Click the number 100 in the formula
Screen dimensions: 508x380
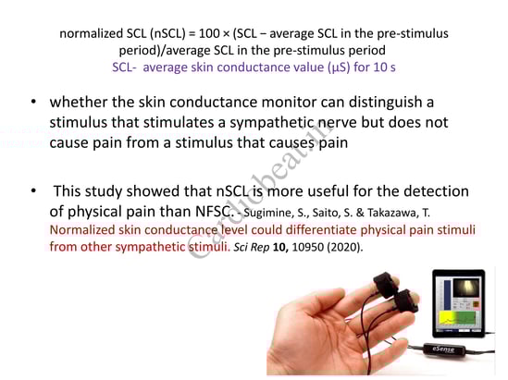tap(209, 33)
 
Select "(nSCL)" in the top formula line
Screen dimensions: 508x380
tap(167, 33)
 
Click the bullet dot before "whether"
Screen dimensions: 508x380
tap(33, 102)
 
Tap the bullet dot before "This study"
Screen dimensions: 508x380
tap(33, 191)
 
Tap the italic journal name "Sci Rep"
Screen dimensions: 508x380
tap(252, 247)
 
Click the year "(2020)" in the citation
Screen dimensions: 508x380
tap(343, 247)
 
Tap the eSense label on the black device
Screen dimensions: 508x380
tap(443, 349)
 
